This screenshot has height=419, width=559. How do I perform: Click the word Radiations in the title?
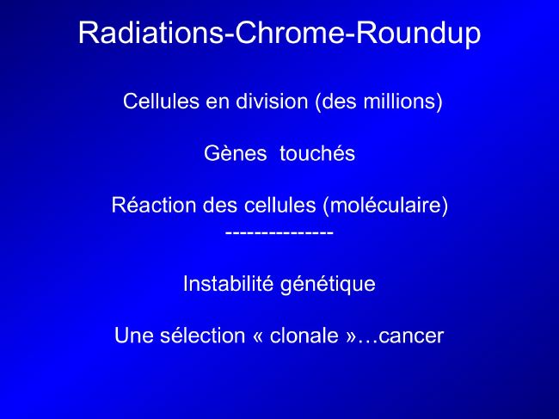[x=150, y=33]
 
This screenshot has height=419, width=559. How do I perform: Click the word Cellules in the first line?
[x=161, y=101]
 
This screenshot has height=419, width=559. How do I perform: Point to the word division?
[x=272, y=101]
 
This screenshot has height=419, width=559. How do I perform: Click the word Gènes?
[x=236, y=153]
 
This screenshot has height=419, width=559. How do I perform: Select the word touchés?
[x=317, y=153]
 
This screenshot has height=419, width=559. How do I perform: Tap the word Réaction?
[x=154, y=205]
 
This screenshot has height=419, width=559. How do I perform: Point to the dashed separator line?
[x=279, y=233]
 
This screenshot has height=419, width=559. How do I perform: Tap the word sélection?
[x=202, y=336]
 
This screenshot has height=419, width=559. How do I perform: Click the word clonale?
[x=304, y=336]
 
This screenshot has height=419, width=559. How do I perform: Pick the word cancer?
[x=411, y=336]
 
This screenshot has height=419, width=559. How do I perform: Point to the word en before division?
[x=218, y=102]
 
